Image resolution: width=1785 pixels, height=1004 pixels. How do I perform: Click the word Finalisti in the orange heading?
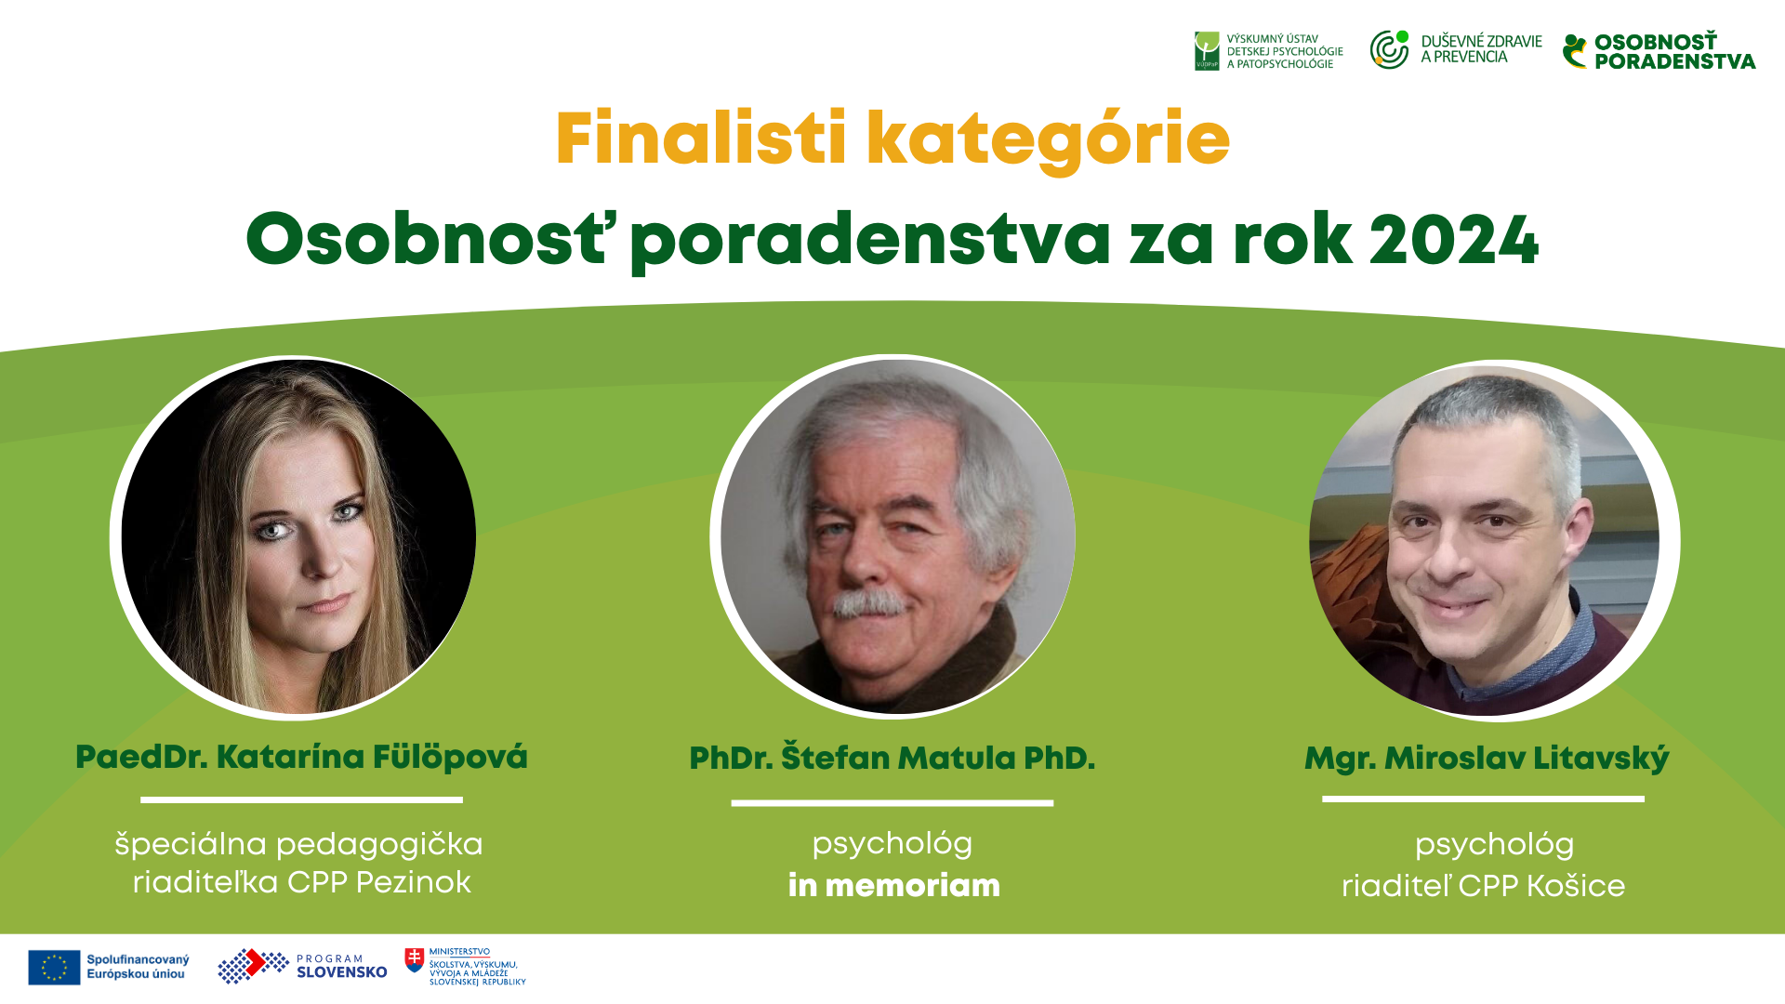tap(701, 138)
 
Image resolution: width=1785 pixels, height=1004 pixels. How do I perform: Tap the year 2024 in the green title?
tap(1454, 240)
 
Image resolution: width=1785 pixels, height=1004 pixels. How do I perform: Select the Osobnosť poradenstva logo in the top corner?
tap(1659, 51)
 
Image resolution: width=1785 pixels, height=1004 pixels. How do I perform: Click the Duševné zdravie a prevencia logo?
tap(1456, 49)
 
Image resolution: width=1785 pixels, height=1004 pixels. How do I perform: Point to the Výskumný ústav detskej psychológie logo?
tap(1269, 51)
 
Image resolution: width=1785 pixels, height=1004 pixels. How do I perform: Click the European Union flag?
tap(54, 967)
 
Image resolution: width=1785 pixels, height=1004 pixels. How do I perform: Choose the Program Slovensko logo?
tap(302, 966)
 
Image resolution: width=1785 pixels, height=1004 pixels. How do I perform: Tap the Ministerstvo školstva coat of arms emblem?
tap(415, 960)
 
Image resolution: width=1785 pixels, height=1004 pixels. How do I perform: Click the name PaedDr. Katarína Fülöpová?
tap(301, 757)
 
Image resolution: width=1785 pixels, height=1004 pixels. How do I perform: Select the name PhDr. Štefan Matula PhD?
tap(892, 758)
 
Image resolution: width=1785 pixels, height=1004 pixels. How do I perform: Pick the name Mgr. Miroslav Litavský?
tap(1487, 759)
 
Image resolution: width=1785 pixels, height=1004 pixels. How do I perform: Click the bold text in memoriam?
tap(893, 885)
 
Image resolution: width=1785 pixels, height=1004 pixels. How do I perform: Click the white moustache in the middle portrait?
tap(869, 604)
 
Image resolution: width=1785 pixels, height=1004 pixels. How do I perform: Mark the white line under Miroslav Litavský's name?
tap(1483, 799)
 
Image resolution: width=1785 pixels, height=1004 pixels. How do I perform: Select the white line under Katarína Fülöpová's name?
tap(301, 799)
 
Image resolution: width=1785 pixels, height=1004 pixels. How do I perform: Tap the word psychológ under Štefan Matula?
tap(892, 845)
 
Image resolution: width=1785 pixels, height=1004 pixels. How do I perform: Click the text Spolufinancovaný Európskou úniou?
tap(138, 967)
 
